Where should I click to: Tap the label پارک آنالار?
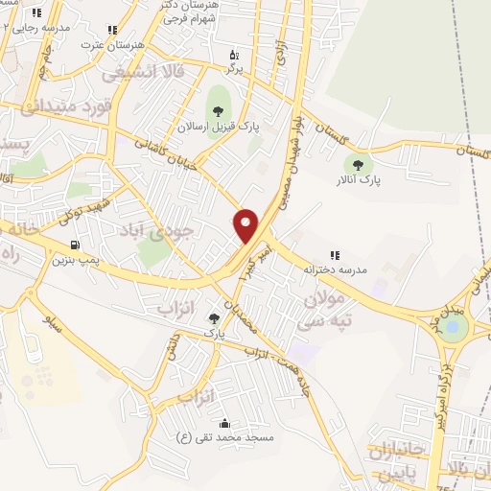tap(359, 179)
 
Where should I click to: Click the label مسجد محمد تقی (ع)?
tap(224, 437)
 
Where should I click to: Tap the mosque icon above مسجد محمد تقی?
tap(224, 423)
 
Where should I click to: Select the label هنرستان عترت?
tap(112, 44)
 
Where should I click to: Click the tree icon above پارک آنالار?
tap(360, 164)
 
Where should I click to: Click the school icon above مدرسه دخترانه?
tap(336, 255)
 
